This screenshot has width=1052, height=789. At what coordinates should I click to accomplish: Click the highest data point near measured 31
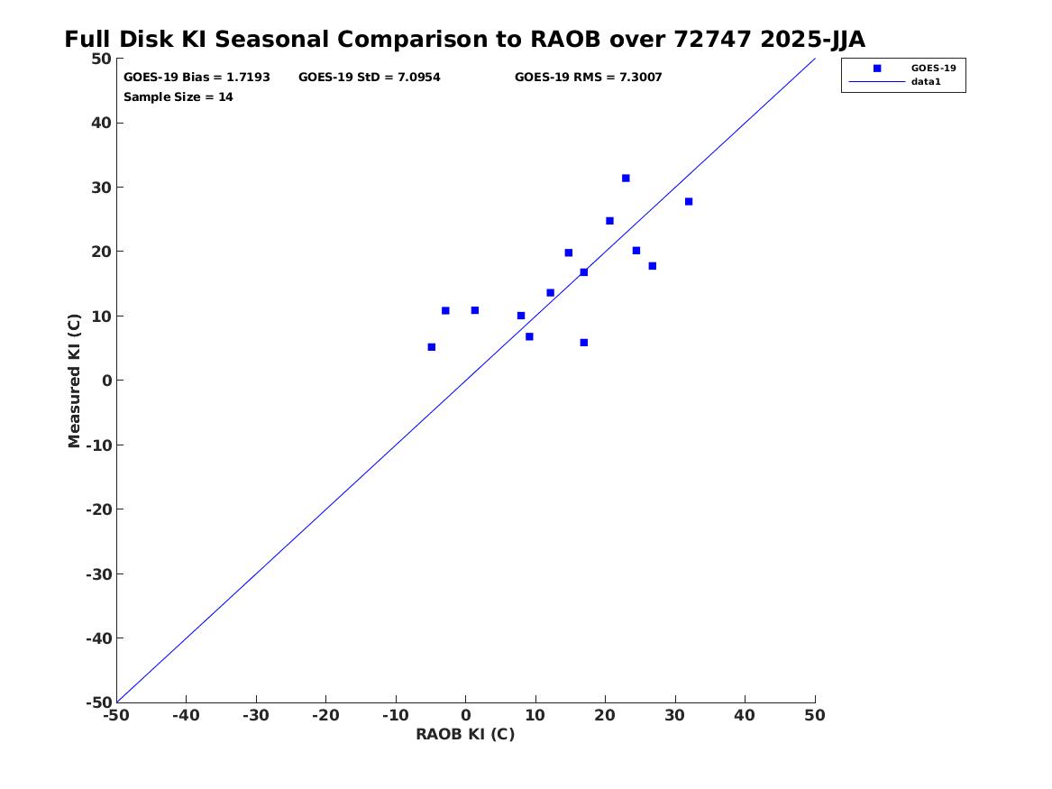626,179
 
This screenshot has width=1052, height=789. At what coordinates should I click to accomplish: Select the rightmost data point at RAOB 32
689,202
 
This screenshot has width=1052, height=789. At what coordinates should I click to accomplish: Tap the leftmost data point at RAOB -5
432,347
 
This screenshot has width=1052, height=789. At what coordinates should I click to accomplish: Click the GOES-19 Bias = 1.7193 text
197,78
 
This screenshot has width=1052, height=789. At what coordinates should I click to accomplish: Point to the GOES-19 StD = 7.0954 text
370,78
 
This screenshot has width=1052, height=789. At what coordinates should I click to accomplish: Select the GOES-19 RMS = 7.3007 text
588,78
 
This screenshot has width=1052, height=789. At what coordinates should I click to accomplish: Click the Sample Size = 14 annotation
178,97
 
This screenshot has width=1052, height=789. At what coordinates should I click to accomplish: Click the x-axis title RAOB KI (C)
465,735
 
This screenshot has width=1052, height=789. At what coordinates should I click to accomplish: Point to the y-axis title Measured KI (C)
75,381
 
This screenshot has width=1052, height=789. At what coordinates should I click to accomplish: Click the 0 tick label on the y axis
106,381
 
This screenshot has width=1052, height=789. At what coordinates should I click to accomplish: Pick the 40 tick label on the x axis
745,715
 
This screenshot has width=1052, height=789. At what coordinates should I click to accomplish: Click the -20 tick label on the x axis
325,715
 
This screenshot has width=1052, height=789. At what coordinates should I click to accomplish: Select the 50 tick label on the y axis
101,59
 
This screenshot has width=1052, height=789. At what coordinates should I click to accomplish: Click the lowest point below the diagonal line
584,343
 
